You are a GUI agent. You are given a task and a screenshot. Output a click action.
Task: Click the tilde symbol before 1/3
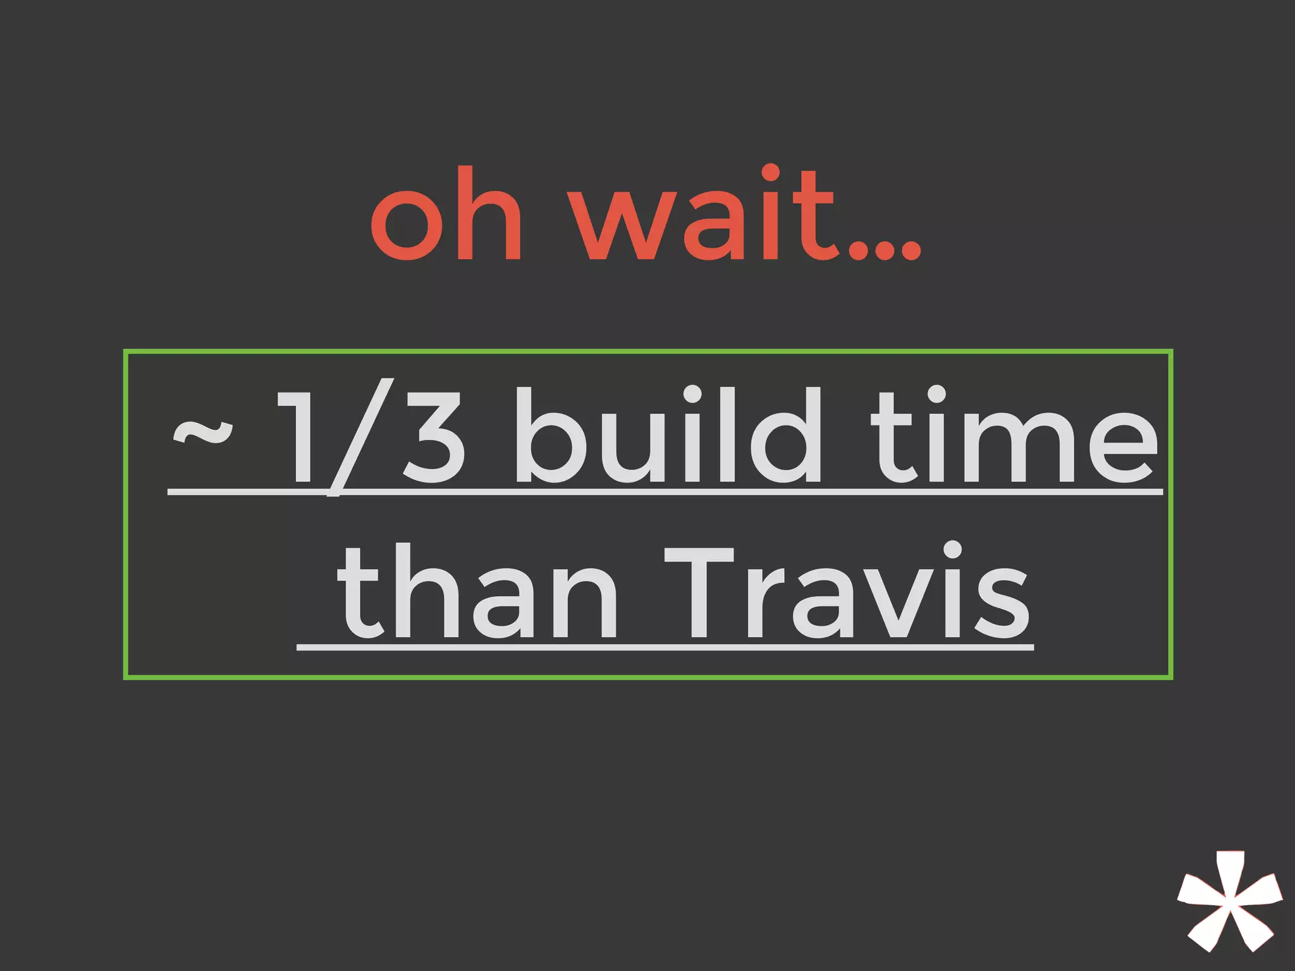pos(202,433)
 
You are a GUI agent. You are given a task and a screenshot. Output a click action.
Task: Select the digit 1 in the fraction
pos(297,436)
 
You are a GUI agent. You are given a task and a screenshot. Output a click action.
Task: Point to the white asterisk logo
pos(1229,910)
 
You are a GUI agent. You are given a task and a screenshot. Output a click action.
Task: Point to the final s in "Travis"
pos(1002,604)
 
